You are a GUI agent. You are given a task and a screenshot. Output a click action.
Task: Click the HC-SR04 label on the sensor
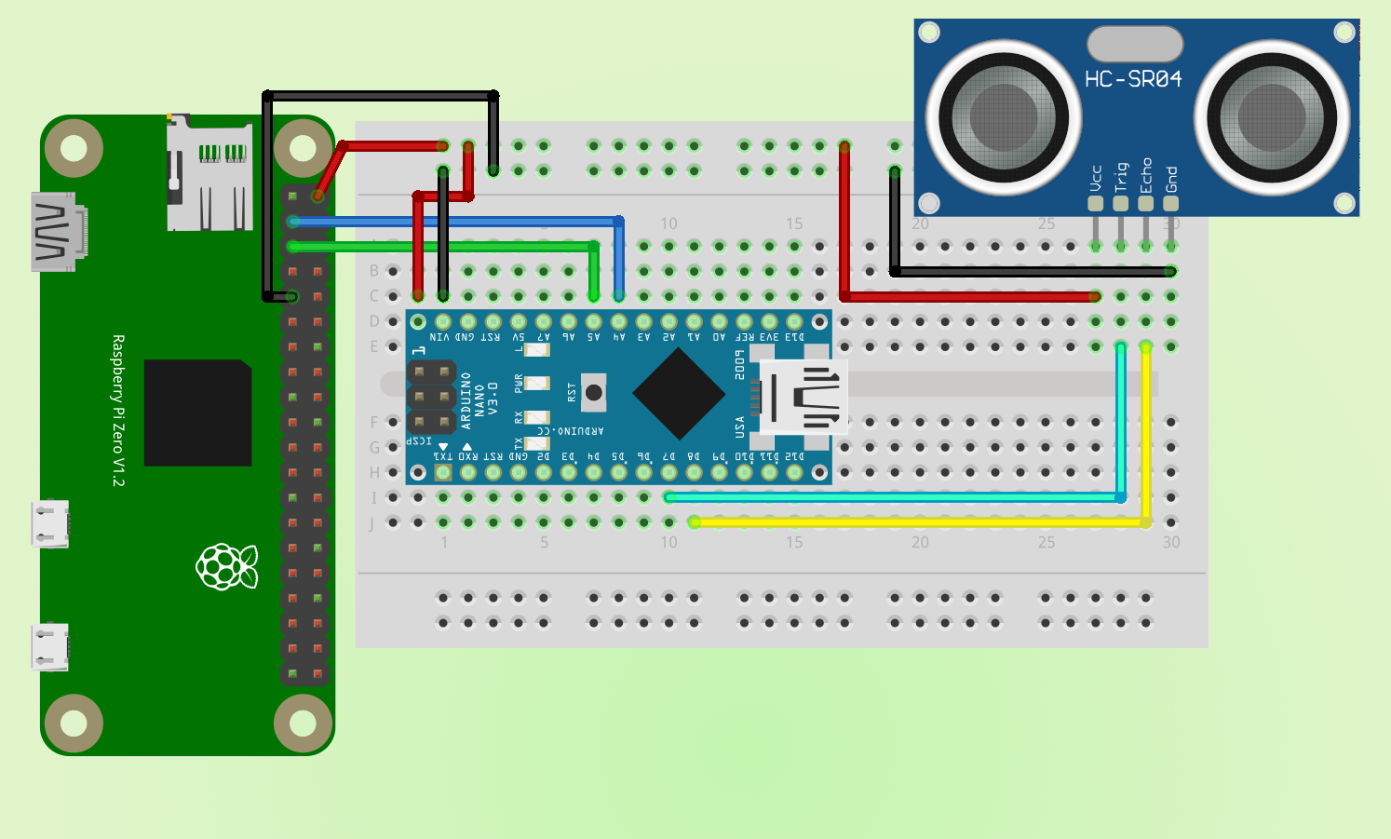[x=1133, y=79]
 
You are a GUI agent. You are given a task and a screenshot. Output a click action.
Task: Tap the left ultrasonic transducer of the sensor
[x=1003, y=117]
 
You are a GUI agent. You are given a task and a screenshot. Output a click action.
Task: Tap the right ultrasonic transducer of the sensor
[x=1271, y=117]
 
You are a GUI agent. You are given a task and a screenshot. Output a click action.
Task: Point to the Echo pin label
[x=1146, y=175]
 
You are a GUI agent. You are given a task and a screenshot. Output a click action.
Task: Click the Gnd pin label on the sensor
[x=1171, y=179]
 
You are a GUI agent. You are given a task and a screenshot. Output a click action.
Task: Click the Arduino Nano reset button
[x=593, y=392]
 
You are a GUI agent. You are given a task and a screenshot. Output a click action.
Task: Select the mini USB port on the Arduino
[x=803, y=396]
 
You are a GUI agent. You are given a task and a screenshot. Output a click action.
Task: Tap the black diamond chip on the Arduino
[x=680, y=394]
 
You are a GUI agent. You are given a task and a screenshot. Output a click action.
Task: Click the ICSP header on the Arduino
[x=430, y=398]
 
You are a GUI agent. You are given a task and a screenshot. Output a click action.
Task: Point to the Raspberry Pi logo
[x=226, y=566]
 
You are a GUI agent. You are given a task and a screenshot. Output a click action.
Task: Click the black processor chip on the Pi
[x=197, y=413]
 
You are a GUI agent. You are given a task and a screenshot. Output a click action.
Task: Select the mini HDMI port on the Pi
[x=58, y=232]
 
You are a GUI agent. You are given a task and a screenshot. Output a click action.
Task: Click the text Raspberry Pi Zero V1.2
[x=118, y=411]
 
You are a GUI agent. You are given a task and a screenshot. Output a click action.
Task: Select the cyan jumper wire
[x=894, y=498]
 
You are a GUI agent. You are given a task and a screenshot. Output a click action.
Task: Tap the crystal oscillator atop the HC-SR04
[x=1135, y=44]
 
